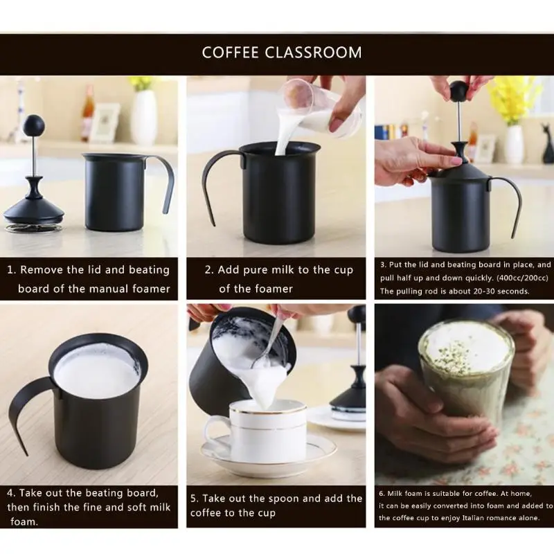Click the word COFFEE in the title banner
tap(231, 53)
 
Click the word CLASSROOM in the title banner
tap(314, 53)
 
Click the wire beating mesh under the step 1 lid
tap(34, 227)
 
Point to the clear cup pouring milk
tap(320, 107)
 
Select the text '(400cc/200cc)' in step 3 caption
tap(523, 278)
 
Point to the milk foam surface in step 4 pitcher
tap(96, 369)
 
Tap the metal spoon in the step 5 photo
tap(269, 343)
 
